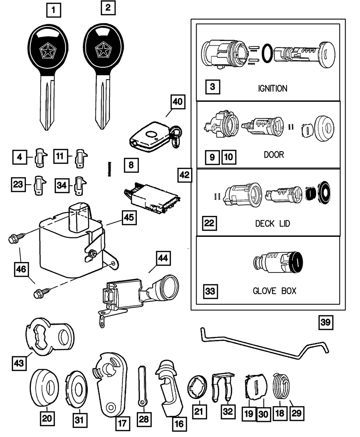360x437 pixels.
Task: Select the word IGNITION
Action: (x=273, y=88)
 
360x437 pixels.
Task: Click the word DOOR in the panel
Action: (x=274, y=154)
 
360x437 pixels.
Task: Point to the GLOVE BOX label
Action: (x=274, y=290)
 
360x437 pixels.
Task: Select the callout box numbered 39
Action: (x=325, y=323)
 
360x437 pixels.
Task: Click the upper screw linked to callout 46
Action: (x=16, y=238)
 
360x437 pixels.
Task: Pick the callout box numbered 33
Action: (x=210, y=290)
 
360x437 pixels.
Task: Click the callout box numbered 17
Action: (x=122, y=424)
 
